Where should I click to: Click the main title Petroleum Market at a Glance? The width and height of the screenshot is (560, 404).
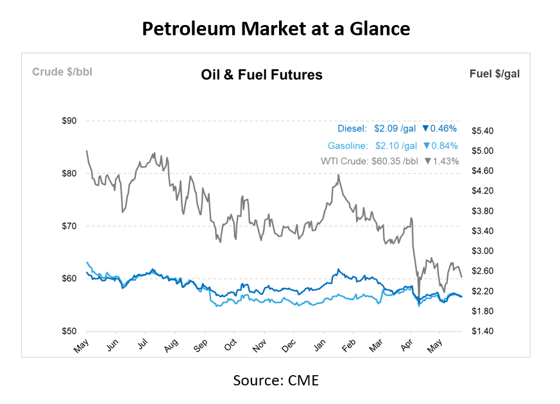275,29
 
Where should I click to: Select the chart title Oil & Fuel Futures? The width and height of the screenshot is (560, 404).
262,75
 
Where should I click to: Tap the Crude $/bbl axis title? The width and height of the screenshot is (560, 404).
62,72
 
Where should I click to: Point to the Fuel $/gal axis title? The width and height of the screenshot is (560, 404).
495,74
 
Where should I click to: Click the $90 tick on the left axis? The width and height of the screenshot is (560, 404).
69,121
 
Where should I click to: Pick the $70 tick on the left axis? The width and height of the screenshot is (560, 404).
69,226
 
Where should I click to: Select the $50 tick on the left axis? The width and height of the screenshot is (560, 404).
69,331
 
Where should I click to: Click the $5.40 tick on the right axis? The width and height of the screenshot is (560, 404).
484,131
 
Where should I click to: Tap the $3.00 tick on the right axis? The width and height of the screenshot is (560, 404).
484,251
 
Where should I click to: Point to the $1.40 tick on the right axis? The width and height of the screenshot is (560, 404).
484,331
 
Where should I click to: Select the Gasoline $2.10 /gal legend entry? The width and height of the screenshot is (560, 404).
372,146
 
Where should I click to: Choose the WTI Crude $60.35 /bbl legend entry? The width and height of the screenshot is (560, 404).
369,162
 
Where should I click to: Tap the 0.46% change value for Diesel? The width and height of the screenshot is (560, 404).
443,129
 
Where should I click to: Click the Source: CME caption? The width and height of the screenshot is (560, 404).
275,380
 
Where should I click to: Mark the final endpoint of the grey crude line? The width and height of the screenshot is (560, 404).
462,276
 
